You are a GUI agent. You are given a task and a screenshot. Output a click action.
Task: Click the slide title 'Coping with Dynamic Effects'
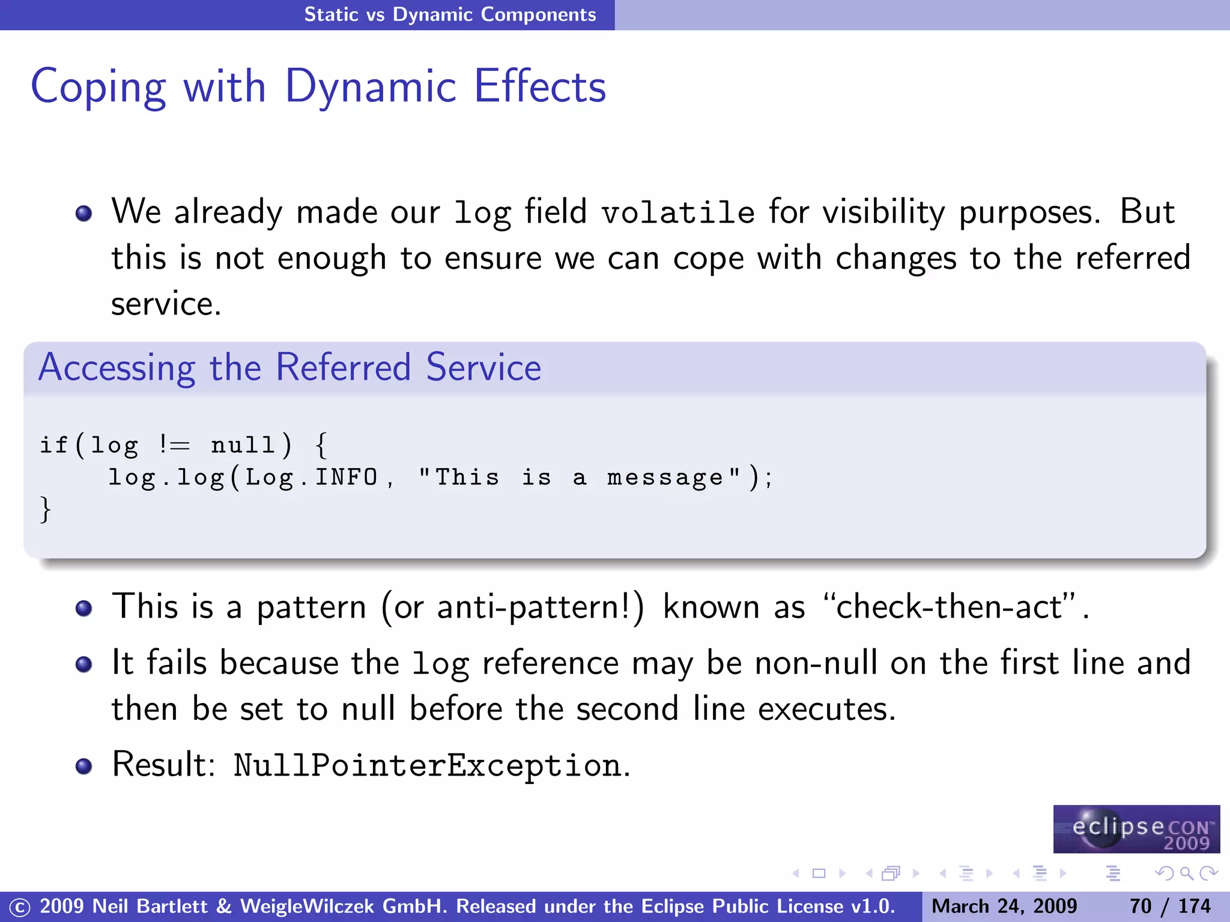(x=318, y=87)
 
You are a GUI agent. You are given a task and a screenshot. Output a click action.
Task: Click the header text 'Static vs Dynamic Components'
(x=450, y=14)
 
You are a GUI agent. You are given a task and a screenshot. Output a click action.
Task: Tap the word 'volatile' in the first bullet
(x=678, y=213)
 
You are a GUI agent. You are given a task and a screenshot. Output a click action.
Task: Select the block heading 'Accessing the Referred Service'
(x=289, y=367)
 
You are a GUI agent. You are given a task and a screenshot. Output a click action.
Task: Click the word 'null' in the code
(x=243, y=445)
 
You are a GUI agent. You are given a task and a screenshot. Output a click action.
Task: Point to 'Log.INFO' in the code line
(x=311, y=478)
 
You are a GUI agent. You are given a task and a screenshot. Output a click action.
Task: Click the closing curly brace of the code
(x=45, y=510)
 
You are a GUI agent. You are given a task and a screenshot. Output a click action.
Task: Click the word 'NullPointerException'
(x=427, y=766)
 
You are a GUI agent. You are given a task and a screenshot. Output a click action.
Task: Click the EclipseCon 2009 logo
(x=1136, y=829)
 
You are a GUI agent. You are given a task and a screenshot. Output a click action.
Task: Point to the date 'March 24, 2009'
(x=1004, y=906)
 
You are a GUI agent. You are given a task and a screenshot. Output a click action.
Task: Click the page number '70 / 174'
(x=1170, y=906)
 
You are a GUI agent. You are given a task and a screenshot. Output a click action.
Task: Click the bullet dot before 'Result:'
(x=83, y=766)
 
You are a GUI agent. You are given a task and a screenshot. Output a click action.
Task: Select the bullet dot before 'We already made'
(x=83, y=214)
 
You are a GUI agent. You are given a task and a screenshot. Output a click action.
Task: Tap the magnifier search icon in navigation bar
(x=1186, y=873)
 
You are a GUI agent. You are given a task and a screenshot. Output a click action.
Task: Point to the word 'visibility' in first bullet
(x=883, y=213)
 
